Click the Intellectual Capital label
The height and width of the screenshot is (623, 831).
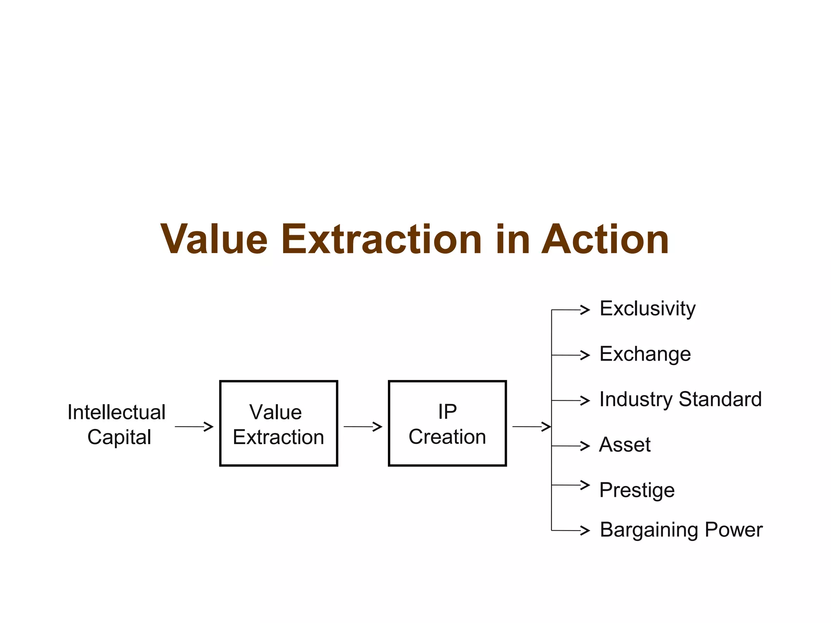[x=117, y=424]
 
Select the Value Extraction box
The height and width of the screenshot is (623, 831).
[x=278, y=423]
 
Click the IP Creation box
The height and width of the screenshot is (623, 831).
[x=447, y=423]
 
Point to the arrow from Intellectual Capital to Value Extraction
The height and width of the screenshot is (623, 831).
[x=194, y=427]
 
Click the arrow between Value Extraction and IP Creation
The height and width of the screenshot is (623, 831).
[x=363, y=427]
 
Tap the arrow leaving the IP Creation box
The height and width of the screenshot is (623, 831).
[x=532, y=427]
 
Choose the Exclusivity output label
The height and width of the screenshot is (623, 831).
[x=648, y=309]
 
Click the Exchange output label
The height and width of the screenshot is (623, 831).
[x=645, y=354]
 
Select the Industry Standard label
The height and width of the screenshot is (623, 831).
[x=680, y=400]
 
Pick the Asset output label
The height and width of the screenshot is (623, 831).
[x=625, y=445]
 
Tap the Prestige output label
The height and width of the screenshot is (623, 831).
[x=637, y=490]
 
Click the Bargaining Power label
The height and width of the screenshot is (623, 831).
[x=681, y=530]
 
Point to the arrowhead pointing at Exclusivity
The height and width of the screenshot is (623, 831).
[x=585, y=310]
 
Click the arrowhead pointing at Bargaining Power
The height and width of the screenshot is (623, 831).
[x=585, y=531]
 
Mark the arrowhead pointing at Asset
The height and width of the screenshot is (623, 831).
[x=585, y=446]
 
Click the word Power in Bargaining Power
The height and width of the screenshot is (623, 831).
[x=734, y=530]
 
